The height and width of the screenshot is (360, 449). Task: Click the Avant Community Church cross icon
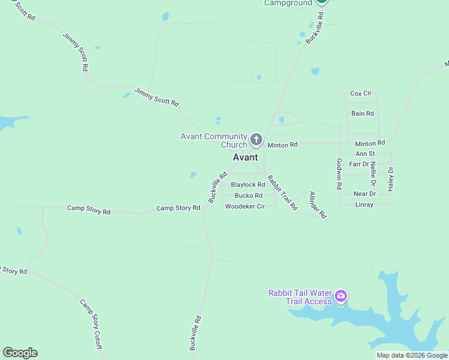point(256,140)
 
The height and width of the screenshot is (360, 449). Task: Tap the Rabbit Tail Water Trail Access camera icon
point(341,296)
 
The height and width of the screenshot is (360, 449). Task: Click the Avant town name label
point(245,157)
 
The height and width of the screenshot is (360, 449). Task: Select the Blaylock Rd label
point(248,185)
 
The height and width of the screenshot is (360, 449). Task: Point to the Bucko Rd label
point(249,196)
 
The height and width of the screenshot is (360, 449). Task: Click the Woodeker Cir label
point(245,206)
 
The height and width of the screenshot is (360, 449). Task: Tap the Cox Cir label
point(361,94)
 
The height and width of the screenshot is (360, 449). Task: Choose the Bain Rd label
point(363,113)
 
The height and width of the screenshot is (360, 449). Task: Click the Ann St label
point(365,154)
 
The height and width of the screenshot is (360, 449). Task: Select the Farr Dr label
point(358,164)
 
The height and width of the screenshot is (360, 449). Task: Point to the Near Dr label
point(364,194)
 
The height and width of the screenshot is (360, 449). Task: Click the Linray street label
point(364,205)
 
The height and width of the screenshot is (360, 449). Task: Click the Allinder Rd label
point(317,205)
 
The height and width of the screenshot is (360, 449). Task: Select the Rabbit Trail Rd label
point(282,191)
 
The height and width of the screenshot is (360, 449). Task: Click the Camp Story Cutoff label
point(91,324)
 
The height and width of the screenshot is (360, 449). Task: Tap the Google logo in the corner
point(20,353)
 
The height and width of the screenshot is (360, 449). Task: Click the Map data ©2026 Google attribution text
point(412,356)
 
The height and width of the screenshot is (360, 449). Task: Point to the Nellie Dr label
point(373,173)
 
